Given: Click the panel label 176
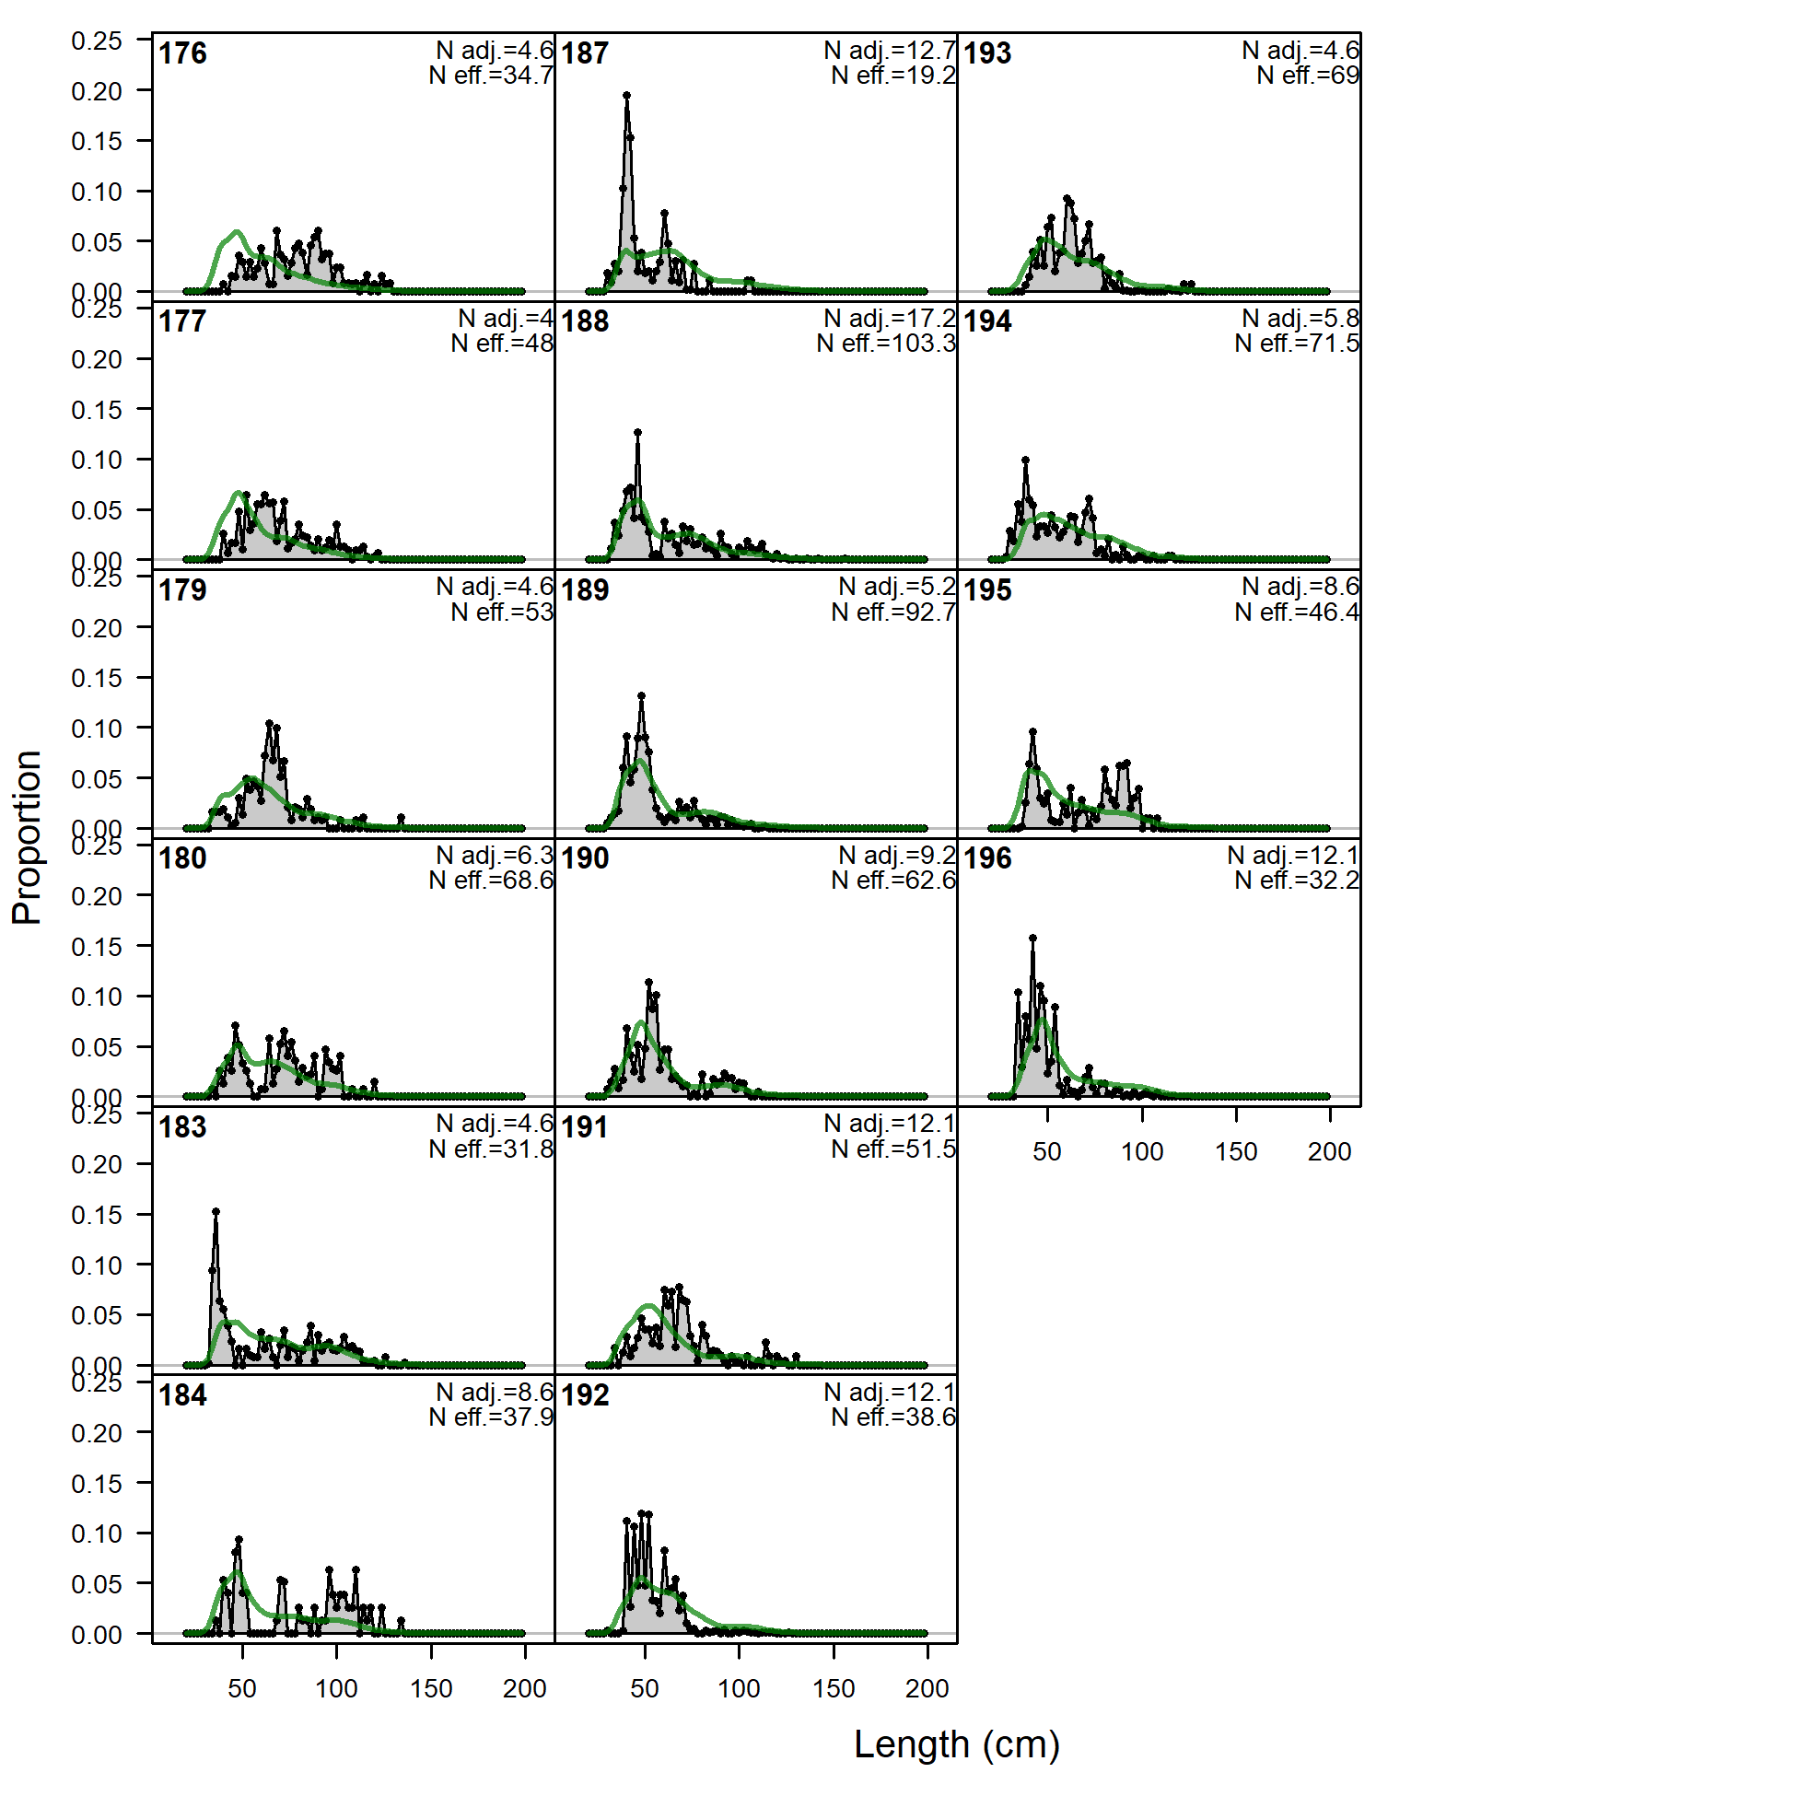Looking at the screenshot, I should click(182, 54).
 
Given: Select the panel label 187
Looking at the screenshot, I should click(585, 54).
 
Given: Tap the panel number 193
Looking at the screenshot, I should click(987, 54).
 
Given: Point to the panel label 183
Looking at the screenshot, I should click(182, 1127).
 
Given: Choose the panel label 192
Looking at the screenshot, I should click(585, 1395).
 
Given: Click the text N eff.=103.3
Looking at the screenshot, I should click(886, 344).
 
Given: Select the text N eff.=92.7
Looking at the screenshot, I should click(893, 612).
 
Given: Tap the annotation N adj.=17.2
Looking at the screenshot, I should click(890, 319).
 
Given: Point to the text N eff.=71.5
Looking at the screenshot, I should click(1297, 344).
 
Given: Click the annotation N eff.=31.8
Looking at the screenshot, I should click(491, 1150).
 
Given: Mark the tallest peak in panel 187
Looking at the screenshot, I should click(626, 95).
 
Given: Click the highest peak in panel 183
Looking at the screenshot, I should click(216, 1212).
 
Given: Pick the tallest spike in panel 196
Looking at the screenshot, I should click(1032, 938).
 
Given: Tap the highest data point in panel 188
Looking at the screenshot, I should click(637, 432).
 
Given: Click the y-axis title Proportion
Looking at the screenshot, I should click(27, 837).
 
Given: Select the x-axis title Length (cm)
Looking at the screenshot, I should click(957, 1744).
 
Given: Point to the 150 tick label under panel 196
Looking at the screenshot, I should click(1235, 1152).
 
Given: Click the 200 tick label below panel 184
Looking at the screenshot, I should click(524, 1689).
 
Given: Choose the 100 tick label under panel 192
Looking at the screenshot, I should click(739, 1689).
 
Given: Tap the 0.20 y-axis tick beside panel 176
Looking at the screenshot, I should click(97, 91).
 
